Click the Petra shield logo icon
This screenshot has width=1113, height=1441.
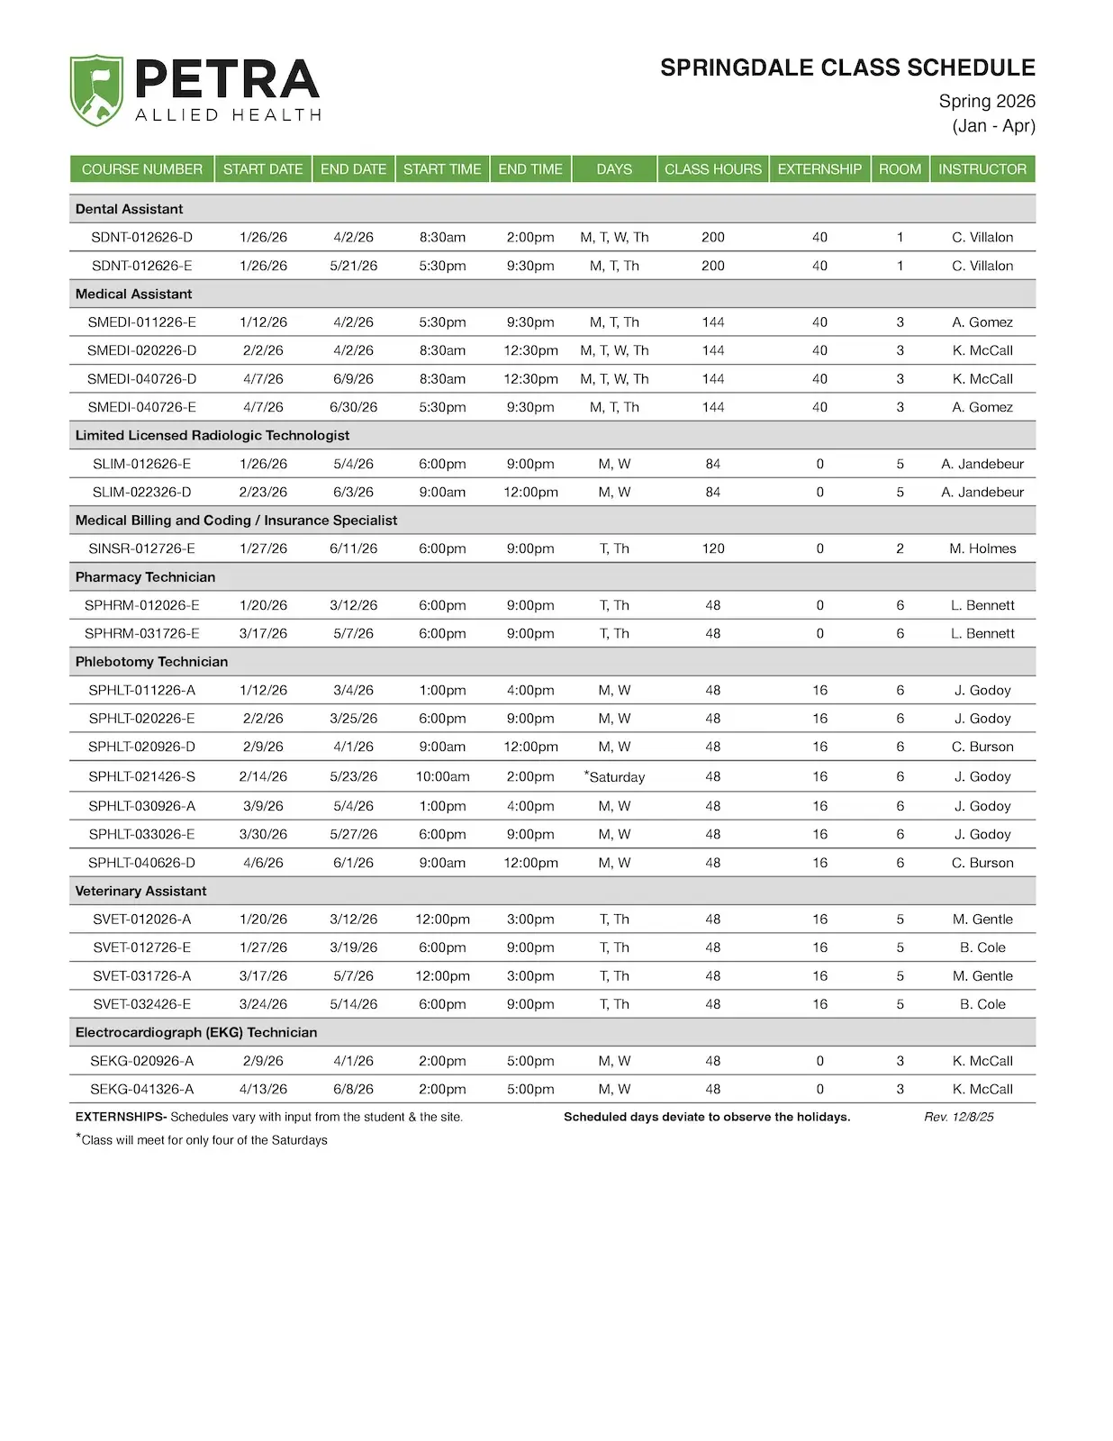(96, 90)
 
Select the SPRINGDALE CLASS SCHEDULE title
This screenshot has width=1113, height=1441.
(847, 68)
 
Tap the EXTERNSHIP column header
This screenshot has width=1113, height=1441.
(819, 169)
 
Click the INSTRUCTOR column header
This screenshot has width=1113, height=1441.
(982, 169)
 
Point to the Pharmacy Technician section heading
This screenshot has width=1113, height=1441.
(145, 577)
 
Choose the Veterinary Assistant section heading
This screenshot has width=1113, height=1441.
(140, 891)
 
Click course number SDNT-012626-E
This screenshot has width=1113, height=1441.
(141, 266)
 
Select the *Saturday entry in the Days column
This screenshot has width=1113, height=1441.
(615, 776)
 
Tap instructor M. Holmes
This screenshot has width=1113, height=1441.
(982, 548)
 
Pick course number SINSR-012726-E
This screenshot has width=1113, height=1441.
(141, 548)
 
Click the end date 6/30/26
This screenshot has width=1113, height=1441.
(353, 407)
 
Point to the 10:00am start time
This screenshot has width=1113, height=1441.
(442, 776)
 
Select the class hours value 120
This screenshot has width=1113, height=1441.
(713, 548)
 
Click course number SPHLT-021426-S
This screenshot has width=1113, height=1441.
(141, 776)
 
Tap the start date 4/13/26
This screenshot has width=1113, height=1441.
(263, 1089)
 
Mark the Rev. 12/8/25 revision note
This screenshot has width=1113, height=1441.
(959, 1117)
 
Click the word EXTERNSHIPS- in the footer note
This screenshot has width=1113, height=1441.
(121, 1117)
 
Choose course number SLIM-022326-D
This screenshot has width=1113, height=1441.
(141, 492)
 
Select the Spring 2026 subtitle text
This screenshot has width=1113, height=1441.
(987, 101)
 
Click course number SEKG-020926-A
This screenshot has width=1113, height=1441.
(141, 1061)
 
